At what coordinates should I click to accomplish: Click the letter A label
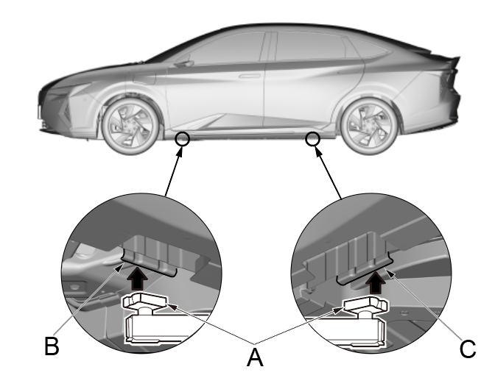pos(255,357)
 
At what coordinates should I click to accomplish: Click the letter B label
pos(52,346)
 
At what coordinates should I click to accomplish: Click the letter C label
pos(468,349)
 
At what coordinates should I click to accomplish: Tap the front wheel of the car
pos(130,126)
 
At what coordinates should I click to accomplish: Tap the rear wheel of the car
pos(369,126)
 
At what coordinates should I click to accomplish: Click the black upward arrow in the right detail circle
pos(376,282)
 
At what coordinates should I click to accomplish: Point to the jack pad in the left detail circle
pos(146,303)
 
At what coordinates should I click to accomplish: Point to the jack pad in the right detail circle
pos(365,305)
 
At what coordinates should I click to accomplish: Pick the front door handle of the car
pos(250,76)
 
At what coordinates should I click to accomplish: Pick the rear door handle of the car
pos(347,72)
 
